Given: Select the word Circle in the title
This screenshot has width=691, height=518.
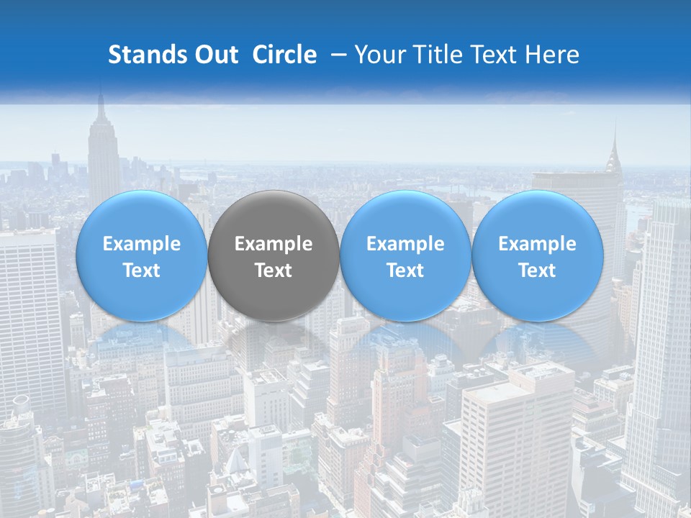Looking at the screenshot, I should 284,55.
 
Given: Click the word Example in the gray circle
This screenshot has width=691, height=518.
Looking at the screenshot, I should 274,245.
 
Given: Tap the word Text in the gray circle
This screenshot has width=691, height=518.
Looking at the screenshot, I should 274,271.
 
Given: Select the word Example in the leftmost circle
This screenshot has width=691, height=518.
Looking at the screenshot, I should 142,245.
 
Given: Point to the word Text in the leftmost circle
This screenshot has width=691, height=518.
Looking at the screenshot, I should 142,271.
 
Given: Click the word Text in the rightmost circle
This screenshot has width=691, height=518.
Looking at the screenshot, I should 537,271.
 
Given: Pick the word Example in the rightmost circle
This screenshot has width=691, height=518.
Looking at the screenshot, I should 537,245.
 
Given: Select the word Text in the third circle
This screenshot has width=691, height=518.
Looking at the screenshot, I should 405,271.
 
